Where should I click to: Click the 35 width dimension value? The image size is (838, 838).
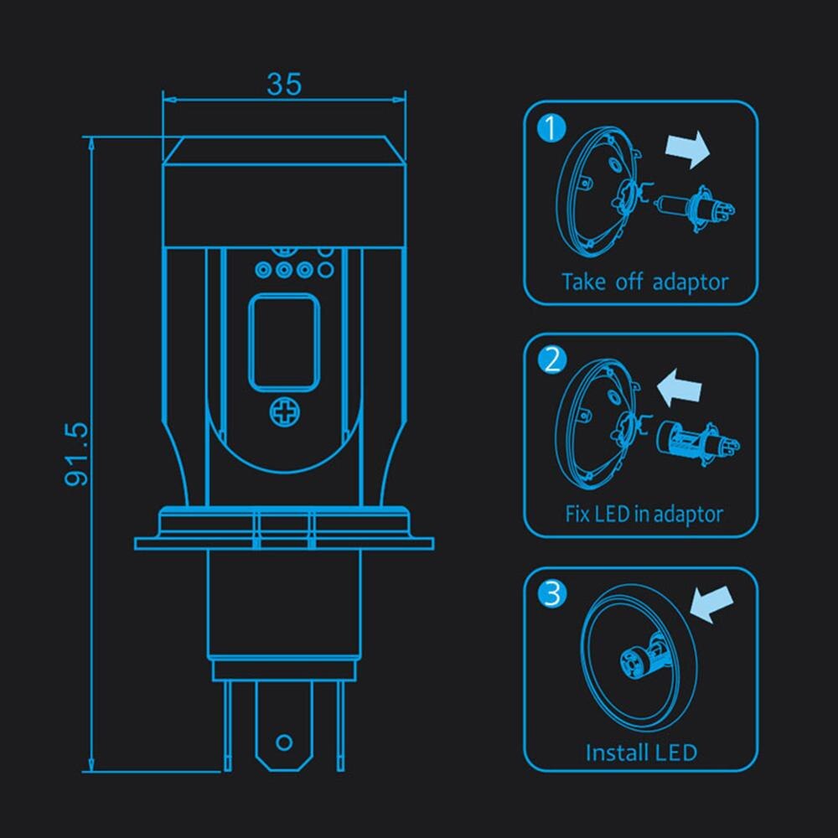pos(284,84)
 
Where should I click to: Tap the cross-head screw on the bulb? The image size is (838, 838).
pos(284,411)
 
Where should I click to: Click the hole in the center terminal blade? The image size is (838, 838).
pos(284,742)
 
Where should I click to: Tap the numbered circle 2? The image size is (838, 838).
pos(551,360)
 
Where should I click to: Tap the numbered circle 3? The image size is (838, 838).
pos(551,593)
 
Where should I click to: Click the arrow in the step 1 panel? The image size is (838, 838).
pos(685,150)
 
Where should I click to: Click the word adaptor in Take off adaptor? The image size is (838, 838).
pos(690,282)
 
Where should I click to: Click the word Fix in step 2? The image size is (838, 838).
pos(577,513)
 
